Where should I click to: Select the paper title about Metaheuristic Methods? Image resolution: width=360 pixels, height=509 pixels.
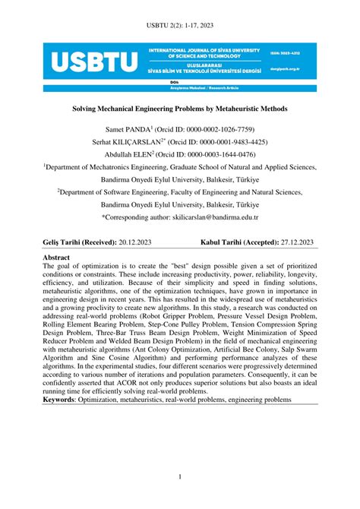point(180,109)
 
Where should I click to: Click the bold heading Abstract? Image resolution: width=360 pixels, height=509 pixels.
point(60,258)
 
